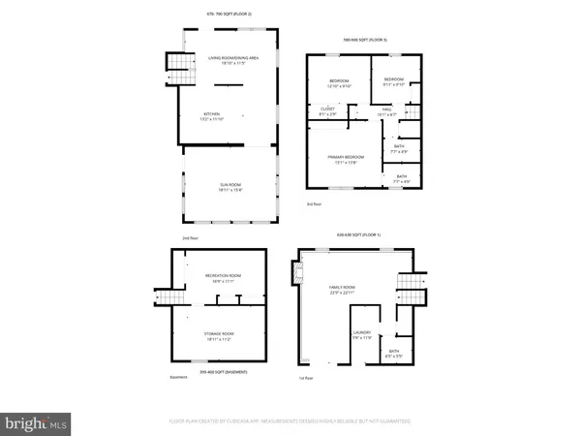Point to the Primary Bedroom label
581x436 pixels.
pyautogui.click(x=344, y=160)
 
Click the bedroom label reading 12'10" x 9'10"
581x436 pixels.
pyautogui.click(x=338, y=81)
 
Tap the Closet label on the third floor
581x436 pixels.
pyautogui.click(x=328, y=111)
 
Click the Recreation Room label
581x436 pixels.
pyautogui.click(x=223, y=278)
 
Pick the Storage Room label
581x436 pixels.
pyautogui.click(x=221, y=335)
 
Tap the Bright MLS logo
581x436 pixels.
pyautogui.click(x=36, y=422)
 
